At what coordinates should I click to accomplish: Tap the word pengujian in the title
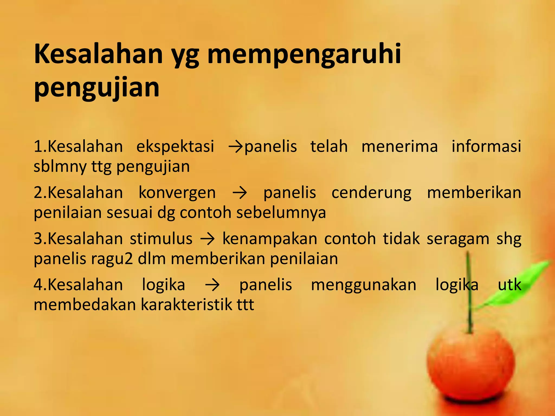[x=97, y=88]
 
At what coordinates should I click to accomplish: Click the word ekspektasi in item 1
[x=175, y=147]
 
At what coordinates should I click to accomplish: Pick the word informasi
[x=486, y=147]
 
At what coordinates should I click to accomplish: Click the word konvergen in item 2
[x=177, y=193]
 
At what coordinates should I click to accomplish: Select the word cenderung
[x=371, y=193]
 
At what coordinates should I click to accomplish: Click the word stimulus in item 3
[x=161, y=239]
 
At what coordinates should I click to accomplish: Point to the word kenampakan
[x=270, y=239]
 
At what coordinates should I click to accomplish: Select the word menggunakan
[x=363, y=285]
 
